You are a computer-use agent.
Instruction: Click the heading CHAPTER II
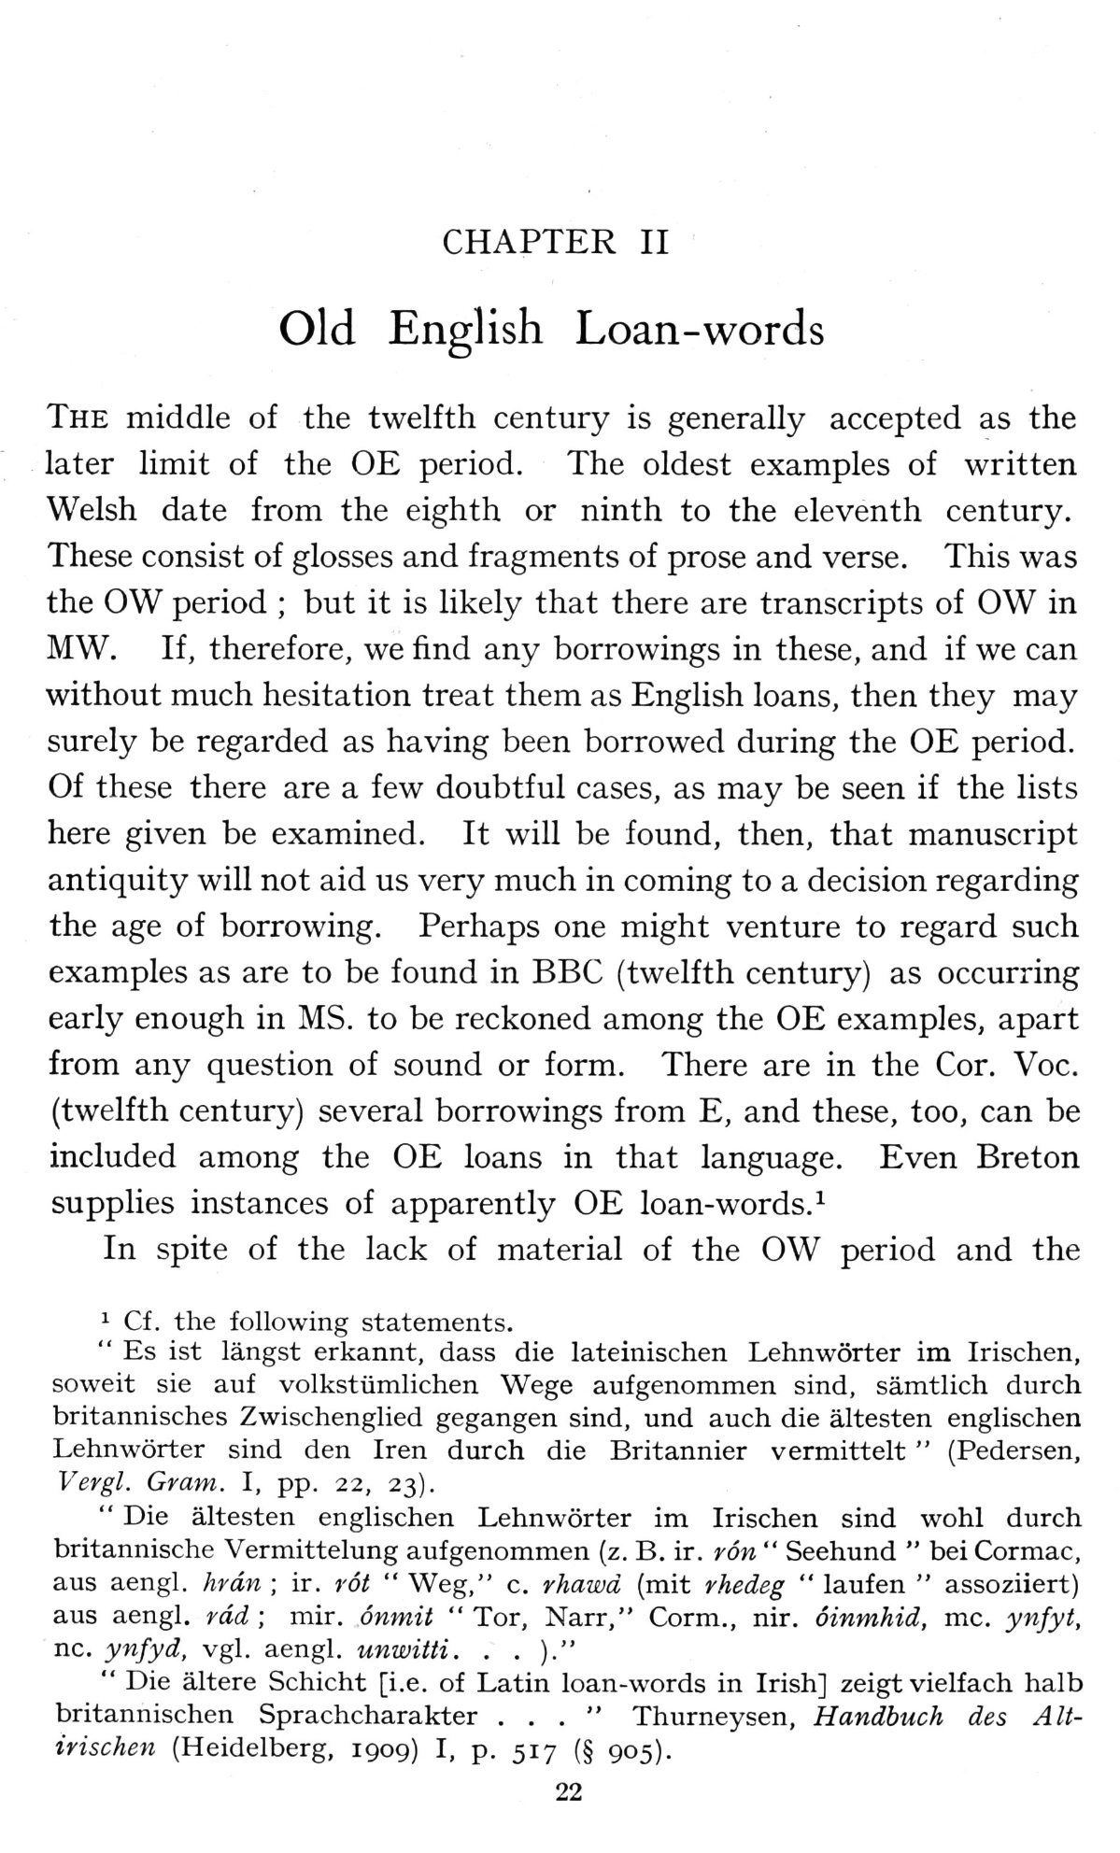pyautogui.click(x=555, y=243)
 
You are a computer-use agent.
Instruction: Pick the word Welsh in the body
pyautogui.click(x=92, y=510)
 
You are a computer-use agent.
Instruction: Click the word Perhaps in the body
pyautogui.click(x=477, y=926)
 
